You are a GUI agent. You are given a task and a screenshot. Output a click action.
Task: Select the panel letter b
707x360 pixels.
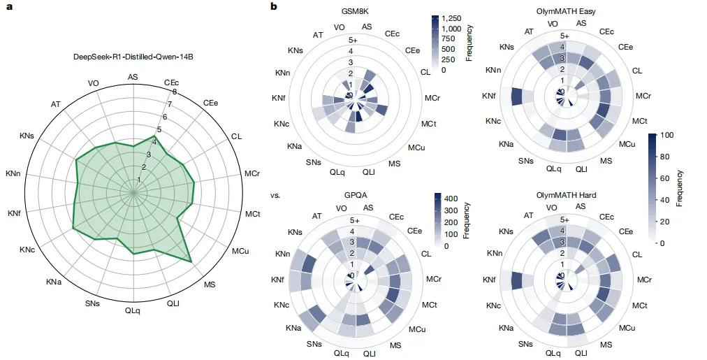pos(274,7)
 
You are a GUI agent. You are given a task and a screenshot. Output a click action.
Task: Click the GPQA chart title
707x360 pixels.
pos(356,195)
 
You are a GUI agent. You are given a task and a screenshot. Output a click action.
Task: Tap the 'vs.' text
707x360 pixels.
pos(274,195)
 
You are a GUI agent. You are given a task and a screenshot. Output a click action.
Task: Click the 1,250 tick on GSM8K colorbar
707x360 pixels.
pos(454,18)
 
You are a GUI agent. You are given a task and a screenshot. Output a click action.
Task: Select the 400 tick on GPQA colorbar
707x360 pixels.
pos(451,199)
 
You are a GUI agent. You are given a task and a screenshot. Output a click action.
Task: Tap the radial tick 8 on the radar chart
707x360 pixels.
pos(174,92)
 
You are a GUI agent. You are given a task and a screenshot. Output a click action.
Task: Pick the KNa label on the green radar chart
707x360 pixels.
pos(54,282)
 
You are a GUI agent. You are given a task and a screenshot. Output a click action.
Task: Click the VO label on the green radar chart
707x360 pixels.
pos(94,82)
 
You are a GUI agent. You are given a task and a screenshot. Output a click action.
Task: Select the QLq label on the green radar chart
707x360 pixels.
pos(132,310)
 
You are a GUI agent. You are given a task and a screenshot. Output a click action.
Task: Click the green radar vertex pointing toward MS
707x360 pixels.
pos(191,261)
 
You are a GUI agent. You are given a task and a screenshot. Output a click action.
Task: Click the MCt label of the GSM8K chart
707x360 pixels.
pos(429,124)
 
